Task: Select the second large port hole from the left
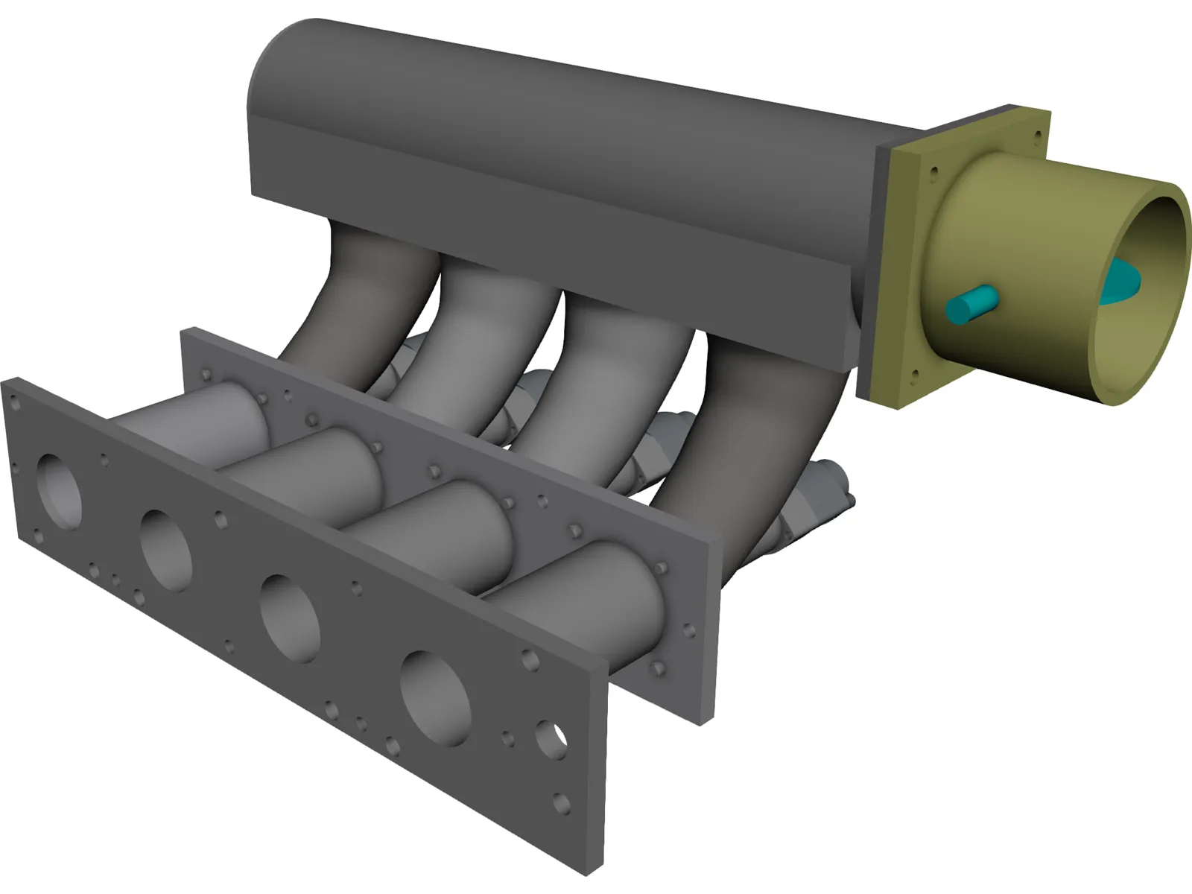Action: (x=166, y=550)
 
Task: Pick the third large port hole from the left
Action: (x=290, y=618)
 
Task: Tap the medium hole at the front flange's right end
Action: (x=551, y=739)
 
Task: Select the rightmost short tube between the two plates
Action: (x=589, y=589)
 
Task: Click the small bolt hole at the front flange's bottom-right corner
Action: (x=561, y=804)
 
